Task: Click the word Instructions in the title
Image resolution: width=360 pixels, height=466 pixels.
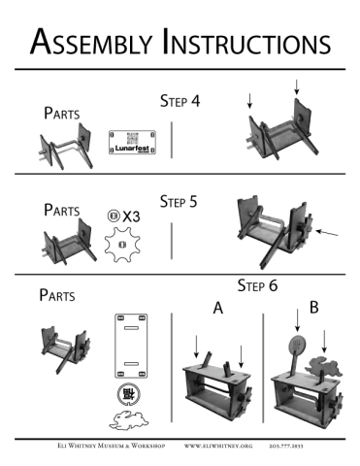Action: click(246, 42)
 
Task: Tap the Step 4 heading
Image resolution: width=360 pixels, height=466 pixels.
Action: click(180, 101)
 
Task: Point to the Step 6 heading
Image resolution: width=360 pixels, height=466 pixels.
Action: click(258, 286)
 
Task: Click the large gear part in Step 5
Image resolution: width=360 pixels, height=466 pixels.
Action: click(121, 244)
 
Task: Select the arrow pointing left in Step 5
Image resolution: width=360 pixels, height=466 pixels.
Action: click(328, 233)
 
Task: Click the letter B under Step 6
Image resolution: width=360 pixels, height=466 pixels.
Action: click(313, 309)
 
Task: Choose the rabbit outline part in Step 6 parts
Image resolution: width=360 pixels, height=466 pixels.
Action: click(123, 420)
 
